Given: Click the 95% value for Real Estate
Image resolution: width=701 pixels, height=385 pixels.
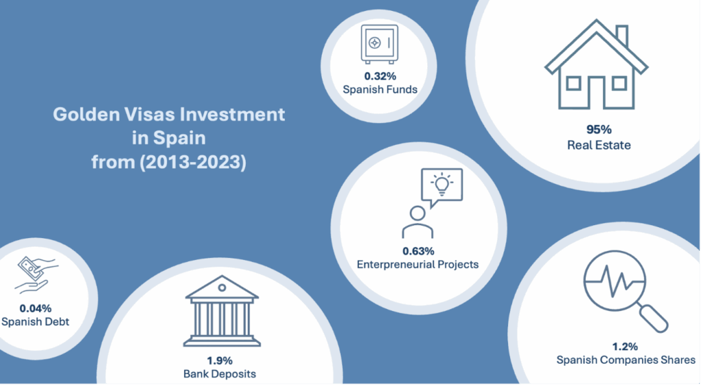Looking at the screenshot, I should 598,129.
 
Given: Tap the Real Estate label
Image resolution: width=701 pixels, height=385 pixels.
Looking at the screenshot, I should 598,144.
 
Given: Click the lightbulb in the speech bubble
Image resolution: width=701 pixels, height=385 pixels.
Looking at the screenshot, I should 442,184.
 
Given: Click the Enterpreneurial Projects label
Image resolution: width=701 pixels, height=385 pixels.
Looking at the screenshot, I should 418,264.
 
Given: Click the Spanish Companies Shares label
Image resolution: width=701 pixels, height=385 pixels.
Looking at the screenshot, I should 626,360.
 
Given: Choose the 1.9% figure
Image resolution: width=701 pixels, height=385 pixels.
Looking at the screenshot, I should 220,360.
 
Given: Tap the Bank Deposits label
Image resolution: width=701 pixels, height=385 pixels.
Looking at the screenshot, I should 220,374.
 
